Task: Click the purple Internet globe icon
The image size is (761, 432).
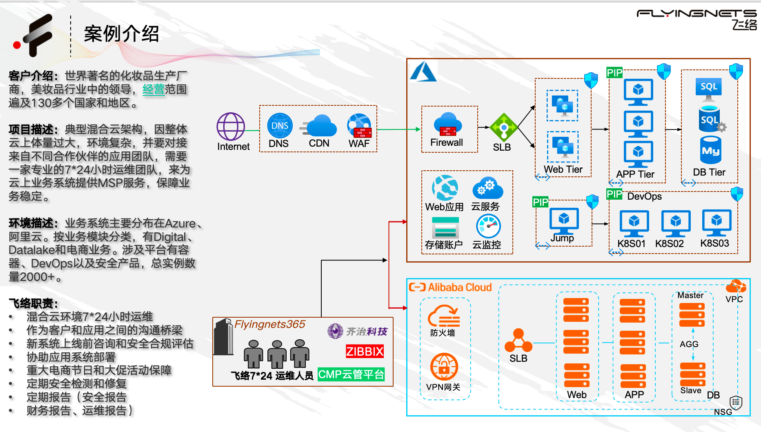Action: pyautogui.click(x=231, y=127)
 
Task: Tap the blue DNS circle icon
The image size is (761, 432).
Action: pyautogui.click(x=280, y=125)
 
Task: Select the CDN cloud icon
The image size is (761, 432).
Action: pyautogui.click(x=320, y=126)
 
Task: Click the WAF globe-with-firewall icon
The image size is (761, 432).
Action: pyautogui.click(x=359, y=126)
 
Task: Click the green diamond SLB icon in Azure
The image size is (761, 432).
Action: pyautogui.click(x=503, y=128)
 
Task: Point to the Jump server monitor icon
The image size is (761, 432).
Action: pyautogui.click(x=564, y=220)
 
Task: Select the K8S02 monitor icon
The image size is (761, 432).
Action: pyautogui.click(x=676, y=223)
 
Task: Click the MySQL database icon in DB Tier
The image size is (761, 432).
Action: pyautogui.click(x=710, y=150)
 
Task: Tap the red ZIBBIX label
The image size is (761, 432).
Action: pyautogui.click(x=365, y=351)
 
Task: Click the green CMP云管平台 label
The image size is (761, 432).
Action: pyautogui.click(x=351, y=374)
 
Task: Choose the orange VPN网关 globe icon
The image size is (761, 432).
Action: pyautogui.click(x=444, y=367)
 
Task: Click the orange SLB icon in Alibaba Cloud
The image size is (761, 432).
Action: pyautogui.click(x=518, y=341)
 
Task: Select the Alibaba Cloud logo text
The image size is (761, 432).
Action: pyautogui.click(x=451, y=287)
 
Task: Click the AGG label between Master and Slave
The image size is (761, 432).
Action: pyautogui.click(x=689, y=344)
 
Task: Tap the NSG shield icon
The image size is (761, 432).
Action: pyautogui.click(x=736, y=403)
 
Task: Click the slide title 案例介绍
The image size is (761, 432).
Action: pyautogui.click(x=121, y=33)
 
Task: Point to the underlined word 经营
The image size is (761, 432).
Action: pyautogui.click(x=153, y=89)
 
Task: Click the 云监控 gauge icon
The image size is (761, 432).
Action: pyautogui.click(x=488, y=226)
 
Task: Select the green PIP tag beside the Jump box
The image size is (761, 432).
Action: pyautogui.click(x=540, y=202)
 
